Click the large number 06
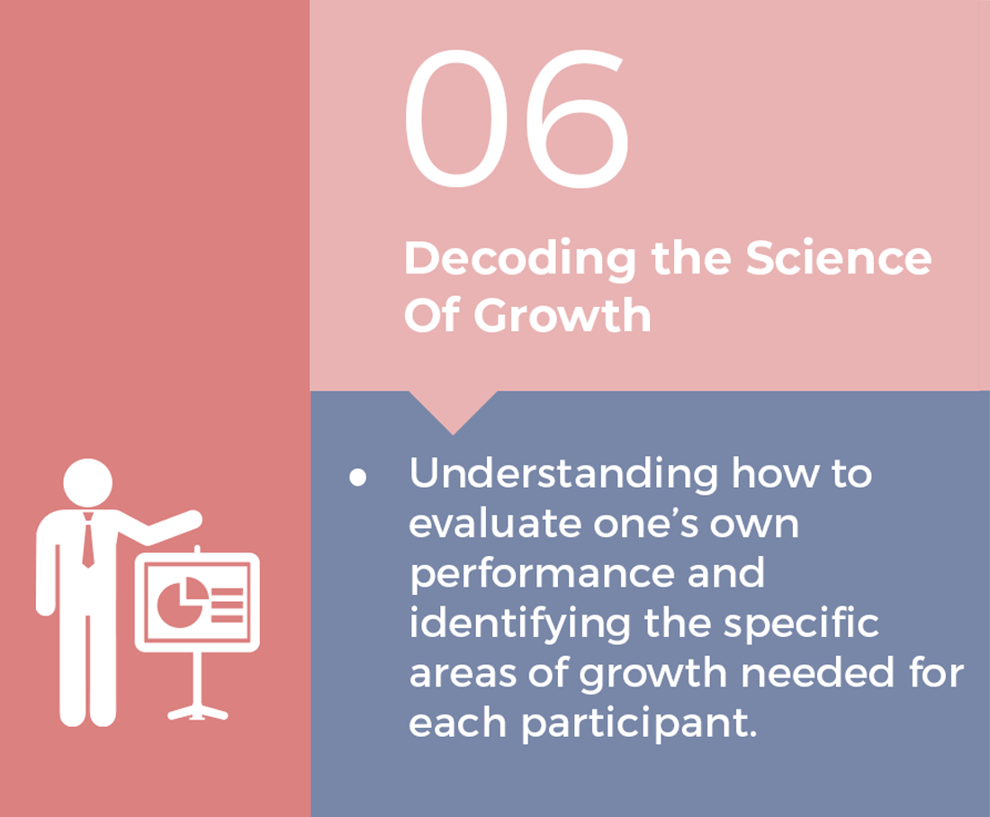coord(517,118)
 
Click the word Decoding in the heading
coord(519,260)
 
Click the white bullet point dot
coord(358,477)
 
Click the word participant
coord(638,723)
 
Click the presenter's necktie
coord(88,540)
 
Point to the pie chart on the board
coord(181,604)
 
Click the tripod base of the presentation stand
coord(198,713)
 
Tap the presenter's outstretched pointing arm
coord(161,528)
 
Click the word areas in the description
coord(463,674)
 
